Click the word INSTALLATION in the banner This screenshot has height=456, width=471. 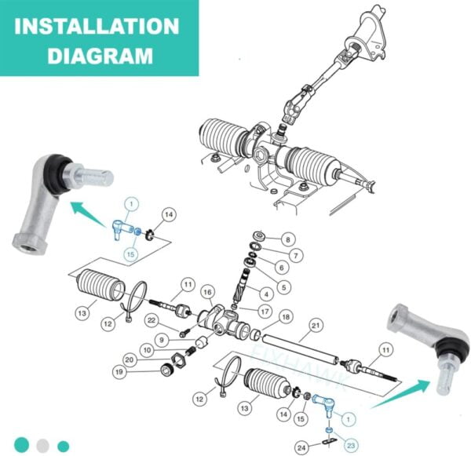coord(97,26)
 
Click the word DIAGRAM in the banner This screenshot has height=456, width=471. coord(100,56)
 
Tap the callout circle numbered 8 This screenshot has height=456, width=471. coord(288,239)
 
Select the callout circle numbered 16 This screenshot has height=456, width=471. coord(208,292)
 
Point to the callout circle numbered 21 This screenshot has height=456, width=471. coord(316,326)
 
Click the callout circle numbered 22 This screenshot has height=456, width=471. coord(152,320)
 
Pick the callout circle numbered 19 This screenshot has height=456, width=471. coord(119,372)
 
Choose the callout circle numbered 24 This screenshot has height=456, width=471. coord(301,448)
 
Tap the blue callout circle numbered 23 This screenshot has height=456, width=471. coord(351,446)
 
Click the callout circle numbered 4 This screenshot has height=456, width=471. coord(266,294)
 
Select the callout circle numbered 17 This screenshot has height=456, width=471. coord(265,312)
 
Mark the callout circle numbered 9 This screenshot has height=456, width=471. coord(162,340)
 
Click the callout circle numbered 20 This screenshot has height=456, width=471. coord(130,359)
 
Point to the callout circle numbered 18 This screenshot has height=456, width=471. coord(286,316)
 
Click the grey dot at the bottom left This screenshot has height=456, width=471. coord(42,446)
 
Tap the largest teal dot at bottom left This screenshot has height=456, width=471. coord(22,444)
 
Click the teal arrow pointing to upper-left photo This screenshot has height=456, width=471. coord(88,214)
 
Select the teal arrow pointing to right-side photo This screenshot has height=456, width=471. coord(401,394)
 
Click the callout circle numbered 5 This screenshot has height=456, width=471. coord(284,287)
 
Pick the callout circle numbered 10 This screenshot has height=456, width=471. coord(147,350)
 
